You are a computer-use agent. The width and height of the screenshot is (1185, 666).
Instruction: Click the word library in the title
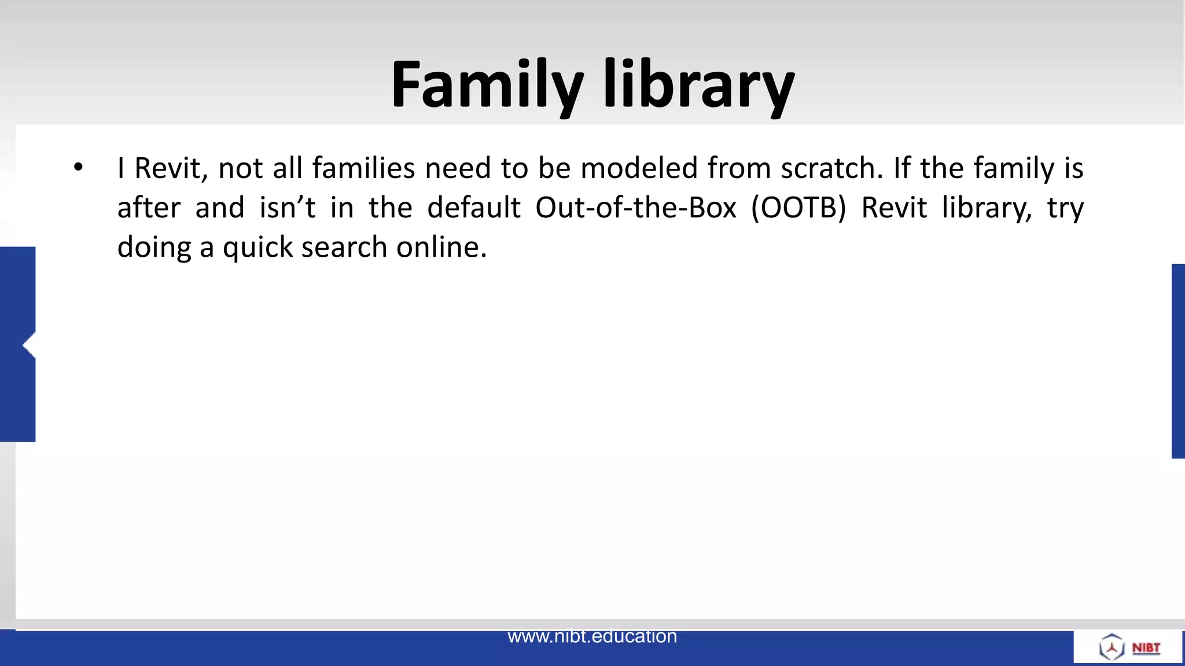coord(699,86)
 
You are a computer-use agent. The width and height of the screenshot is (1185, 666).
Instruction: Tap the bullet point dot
coord(79,168)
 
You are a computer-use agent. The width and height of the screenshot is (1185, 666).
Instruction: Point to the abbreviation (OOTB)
coord(798,208)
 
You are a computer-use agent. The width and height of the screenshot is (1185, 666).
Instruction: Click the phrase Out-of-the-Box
coord(635,208)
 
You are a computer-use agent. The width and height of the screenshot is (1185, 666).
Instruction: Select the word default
coord(473,208)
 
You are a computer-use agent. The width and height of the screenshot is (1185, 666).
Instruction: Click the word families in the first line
coord(363,168)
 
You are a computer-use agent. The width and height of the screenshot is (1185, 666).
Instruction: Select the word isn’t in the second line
coord(287,208)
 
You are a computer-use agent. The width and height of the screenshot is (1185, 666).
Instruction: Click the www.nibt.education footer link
coord(592,636)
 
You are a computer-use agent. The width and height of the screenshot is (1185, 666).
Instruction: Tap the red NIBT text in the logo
coord(1146,647)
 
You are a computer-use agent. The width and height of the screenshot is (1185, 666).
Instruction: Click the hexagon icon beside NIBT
coord(1111,647)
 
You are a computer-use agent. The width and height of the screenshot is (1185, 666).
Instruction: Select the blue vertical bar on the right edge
coord(1178,361)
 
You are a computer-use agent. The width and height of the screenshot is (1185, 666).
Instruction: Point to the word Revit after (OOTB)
coord(894,208)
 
